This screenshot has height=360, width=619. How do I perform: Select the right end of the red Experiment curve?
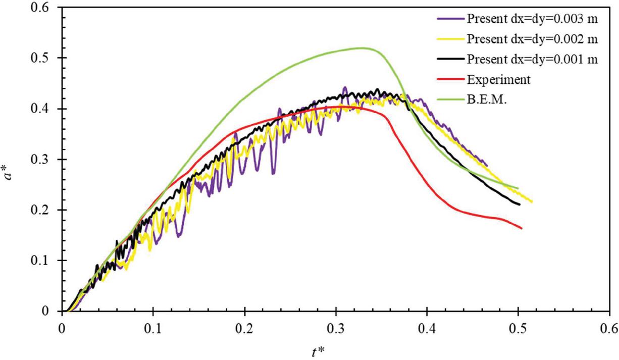coord(521,228)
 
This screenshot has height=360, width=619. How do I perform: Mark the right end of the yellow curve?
coord(532,201)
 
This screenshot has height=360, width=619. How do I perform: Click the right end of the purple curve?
coord(487,165)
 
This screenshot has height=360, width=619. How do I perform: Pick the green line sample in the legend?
coord(450,100)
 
